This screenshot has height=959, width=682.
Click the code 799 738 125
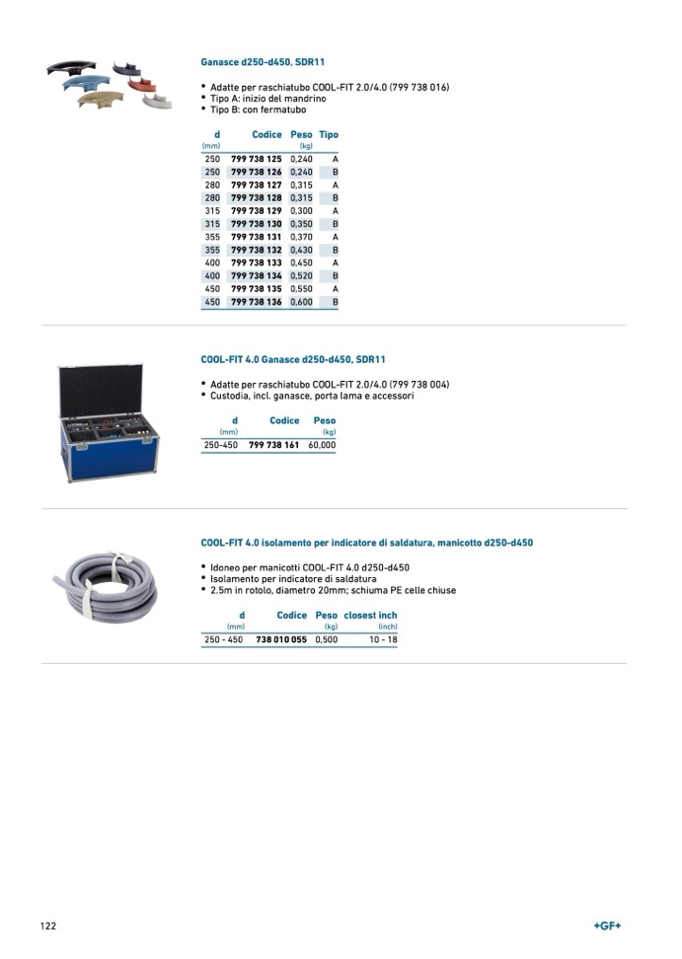pos(257,159)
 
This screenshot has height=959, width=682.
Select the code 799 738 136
pos(257,302)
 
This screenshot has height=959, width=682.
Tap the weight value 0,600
pos(301,302)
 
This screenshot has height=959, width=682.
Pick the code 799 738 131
pos(257,238)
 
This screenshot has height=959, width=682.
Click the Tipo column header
pos(329,135)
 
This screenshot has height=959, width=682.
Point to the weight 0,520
pos(301,276)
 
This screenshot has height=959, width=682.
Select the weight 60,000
pos(322,445)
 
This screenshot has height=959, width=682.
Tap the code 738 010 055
pos(281,639)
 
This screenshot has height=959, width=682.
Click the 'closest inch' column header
pos(370,616)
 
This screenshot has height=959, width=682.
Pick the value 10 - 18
pos(383,639)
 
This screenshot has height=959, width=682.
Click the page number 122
pos(48,925)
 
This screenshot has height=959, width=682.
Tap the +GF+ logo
pos(607,925)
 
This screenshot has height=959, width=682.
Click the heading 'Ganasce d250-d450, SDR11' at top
pos(263,62)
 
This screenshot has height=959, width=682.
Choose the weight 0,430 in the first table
pos(301,251)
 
